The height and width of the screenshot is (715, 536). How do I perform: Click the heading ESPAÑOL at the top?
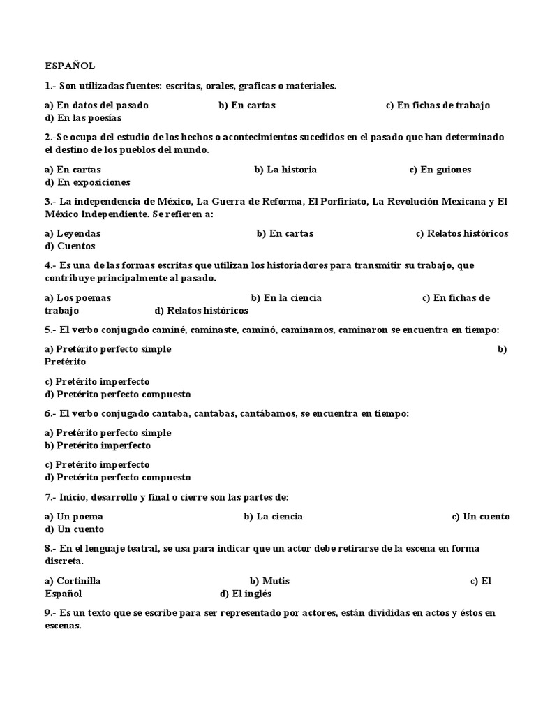pos(69,66)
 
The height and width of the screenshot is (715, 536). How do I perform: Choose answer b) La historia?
pos(285,170)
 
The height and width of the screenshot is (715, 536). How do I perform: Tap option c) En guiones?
pos(440,170)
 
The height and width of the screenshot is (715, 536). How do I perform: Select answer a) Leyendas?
pos(73,233)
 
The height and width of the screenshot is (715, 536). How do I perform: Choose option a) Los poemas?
pos(77,297)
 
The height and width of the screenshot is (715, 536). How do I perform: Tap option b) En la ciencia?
pos(286,297)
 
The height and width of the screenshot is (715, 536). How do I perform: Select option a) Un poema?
pos(73,517)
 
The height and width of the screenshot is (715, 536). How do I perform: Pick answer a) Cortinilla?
pos(73,581)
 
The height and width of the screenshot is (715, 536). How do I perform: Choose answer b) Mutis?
pos(269,581)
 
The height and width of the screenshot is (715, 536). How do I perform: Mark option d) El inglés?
pos(245,594)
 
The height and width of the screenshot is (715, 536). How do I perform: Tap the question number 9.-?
pos(50,613)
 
